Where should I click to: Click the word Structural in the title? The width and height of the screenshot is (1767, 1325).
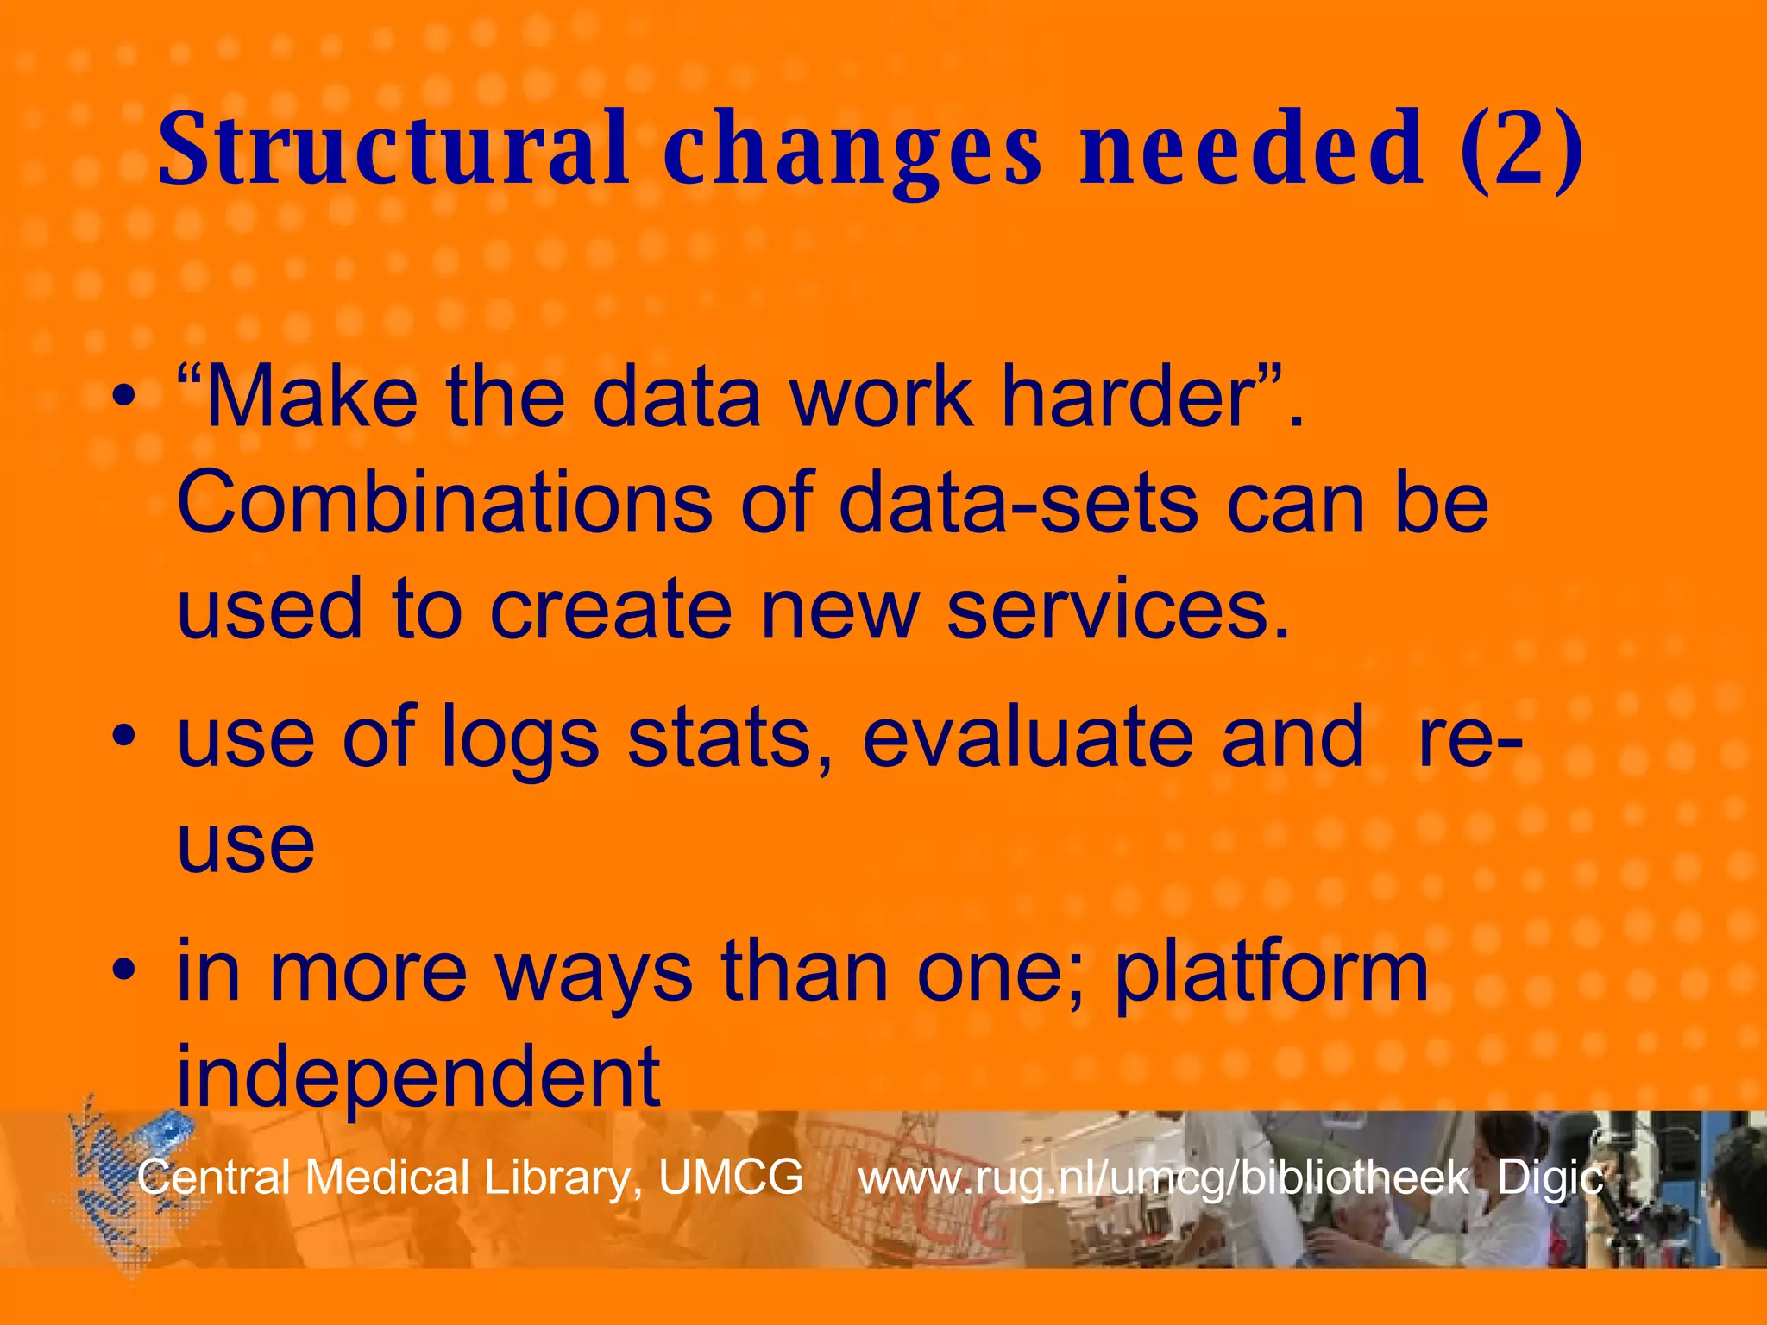[x=393, y=148]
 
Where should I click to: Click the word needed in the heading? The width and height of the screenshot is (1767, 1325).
[x=1251, y=148]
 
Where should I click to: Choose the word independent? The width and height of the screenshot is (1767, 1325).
[x=418, y=1076]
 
